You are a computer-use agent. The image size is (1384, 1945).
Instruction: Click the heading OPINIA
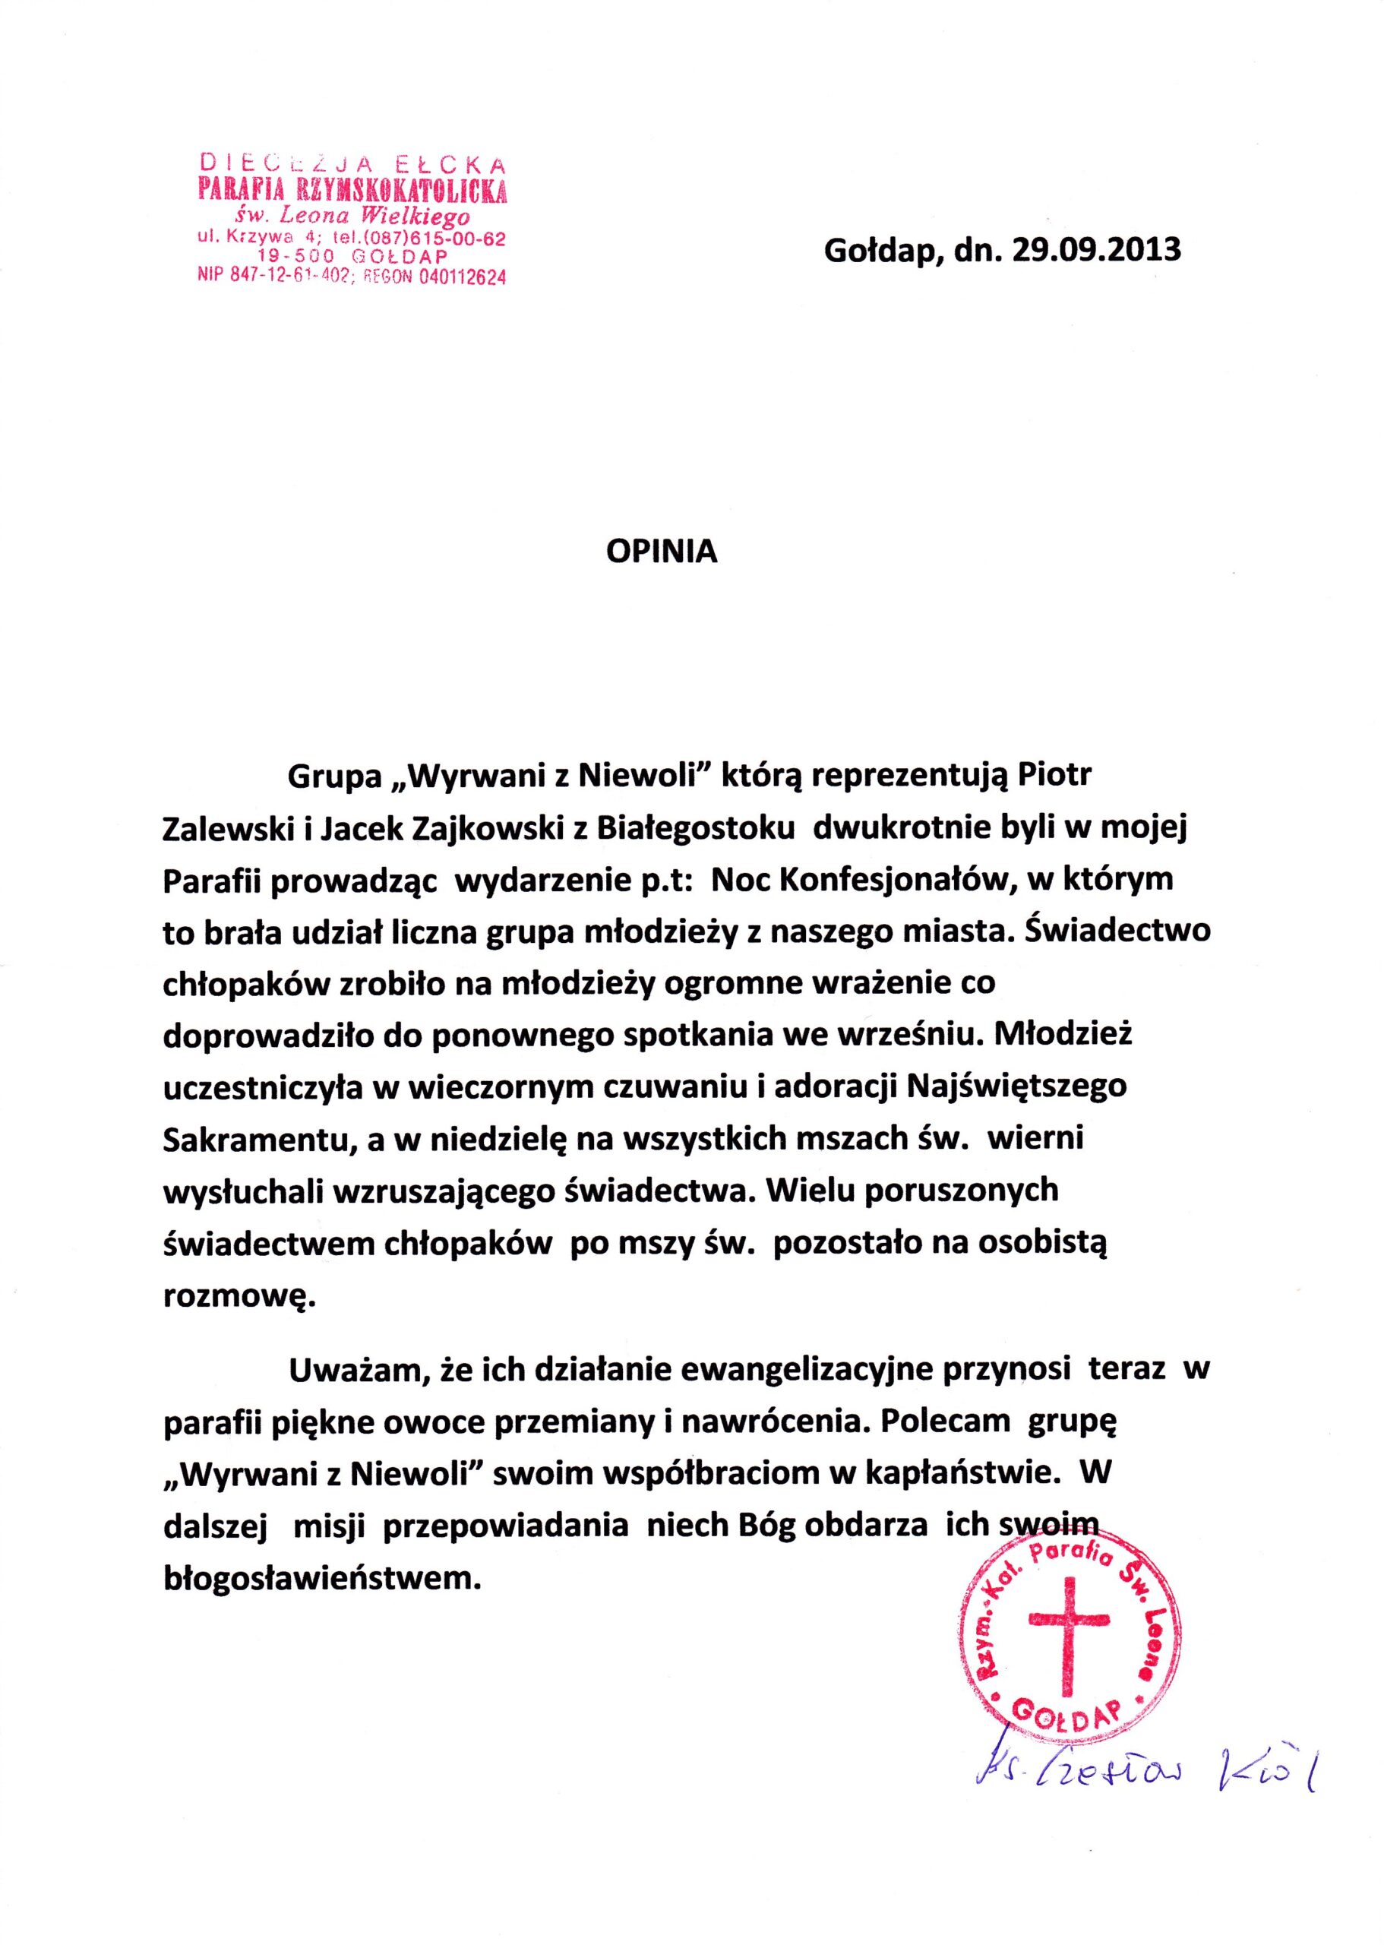pos(662,552)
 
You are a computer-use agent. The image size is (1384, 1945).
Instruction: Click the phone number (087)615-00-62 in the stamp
pos(435,239)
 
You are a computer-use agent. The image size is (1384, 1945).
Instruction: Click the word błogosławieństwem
pos(316,1556)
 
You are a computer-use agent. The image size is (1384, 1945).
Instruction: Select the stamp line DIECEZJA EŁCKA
pos(352,161)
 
